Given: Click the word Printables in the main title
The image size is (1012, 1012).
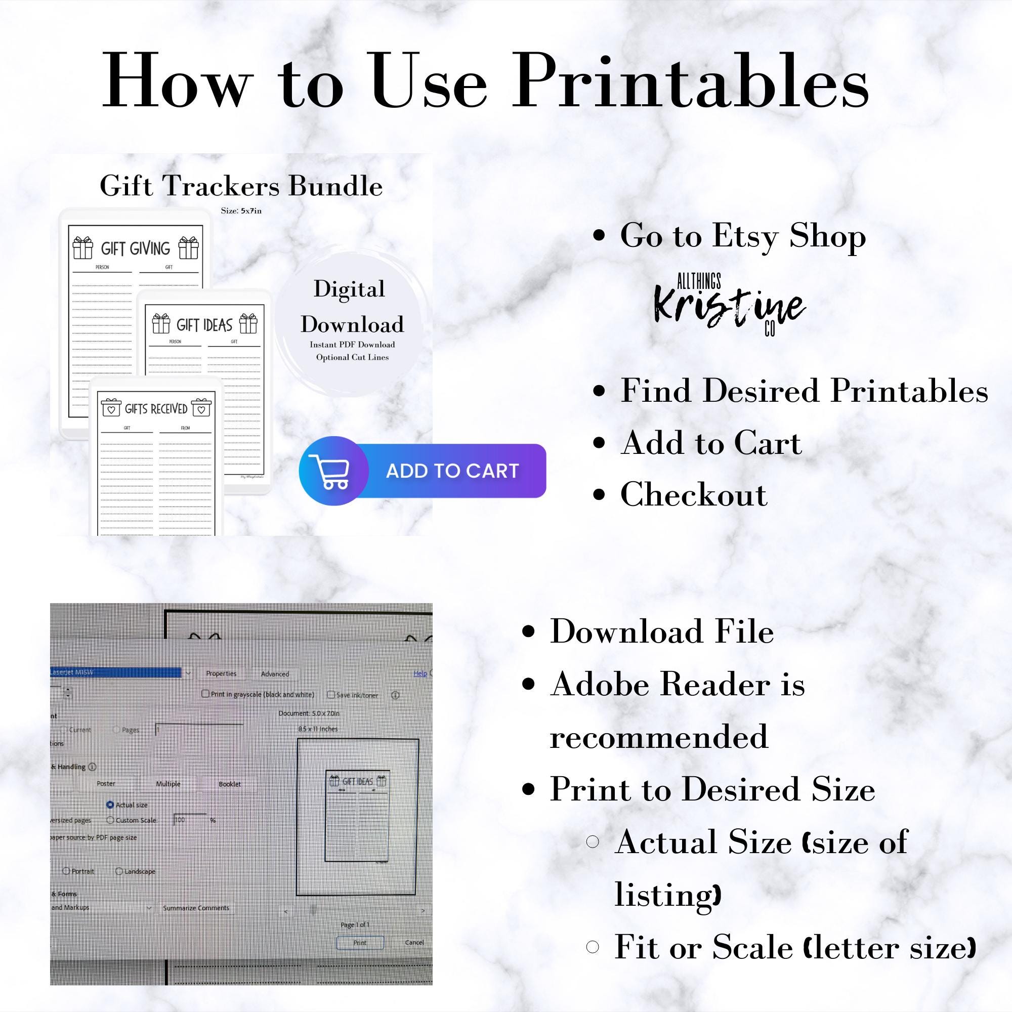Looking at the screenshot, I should tap(690, 81).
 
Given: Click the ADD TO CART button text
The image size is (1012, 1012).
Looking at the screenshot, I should tap(452, 471).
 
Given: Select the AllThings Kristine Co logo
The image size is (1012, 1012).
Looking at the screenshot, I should tap(729, 304).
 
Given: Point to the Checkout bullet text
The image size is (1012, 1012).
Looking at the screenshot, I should tap(694, 494).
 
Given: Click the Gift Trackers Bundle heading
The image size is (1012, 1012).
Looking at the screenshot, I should tap(241, 186).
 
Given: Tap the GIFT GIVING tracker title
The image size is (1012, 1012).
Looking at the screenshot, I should tap(135, 248).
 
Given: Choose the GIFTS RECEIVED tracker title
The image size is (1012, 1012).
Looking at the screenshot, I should tap(155, 408).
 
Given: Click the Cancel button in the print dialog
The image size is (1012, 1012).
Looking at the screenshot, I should tap(414, 942).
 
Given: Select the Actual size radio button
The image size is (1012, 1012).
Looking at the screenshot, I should tap(110, 805).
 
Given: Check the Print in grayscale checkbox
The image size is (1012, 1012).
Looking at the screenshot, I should tap(205, 694).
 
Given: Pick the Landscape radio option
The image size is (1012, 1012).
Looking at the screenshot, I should tap(119, 871).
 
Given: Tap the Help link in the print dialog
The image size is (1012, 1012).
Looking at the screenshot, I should tap(420, 673).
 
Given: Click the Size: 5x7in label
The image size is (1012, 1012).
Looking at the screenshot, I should tap(241, 210).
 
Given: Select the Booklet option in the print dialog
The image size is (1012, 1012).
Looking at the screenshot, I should tap(229, 784).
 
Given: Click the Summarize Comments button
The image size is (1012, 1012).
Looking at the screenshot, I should tap(196, 908).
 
